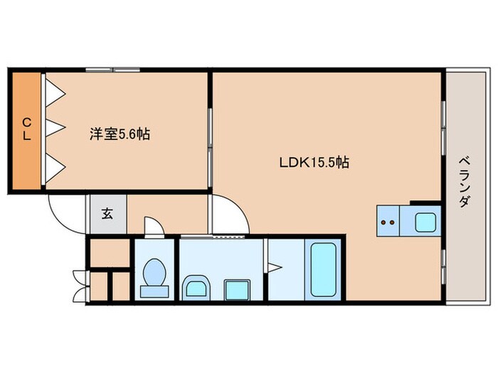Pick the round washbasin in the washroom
tap(196, 288)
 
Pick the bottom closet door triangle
tap(55, 168)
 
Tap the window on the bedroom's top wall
tap(113, 70)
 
